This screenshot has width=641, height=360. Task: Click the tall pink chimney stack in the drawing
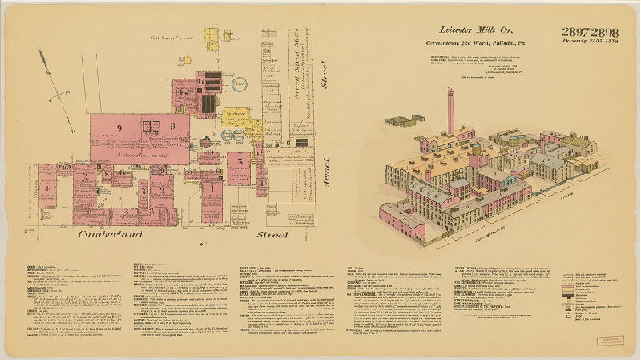(x=450, y=111)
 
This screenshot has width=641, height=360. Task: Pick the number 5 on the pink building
(x=240, y=160)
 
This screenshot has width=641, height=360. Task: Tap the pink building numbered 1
(x=212, y=189)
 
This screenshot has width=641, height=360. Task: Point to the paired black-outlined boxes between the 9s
(x=150, y=125)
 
